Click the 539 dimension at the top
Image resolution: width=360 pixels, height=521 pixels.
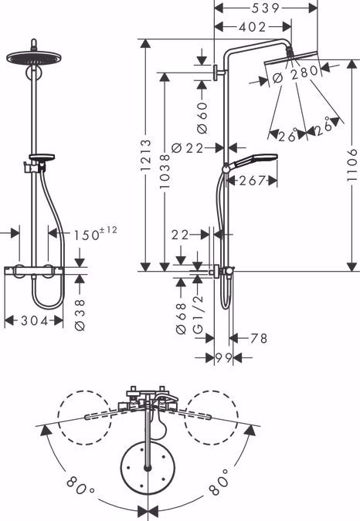265,8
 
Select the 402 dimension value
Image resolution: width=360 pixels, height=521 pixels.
253,27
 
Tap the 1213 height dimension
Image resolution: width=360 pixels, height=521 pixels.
145,155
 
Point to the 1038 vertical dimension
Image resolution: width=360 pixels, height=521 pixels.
165,171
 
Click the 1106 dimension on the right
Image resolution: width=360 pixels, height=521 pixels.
352,165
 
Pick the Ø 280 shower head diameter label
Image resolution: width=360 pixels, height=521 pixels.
295,74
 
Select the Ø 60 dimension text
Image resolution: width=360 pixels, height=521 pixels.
202,117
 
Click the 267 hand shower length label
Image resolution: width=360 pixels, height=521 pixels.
252,181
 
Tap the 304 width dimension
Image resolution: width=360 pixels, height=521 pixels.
34,320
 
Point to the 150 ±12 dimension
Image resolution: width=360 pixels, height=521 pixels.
95,234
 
